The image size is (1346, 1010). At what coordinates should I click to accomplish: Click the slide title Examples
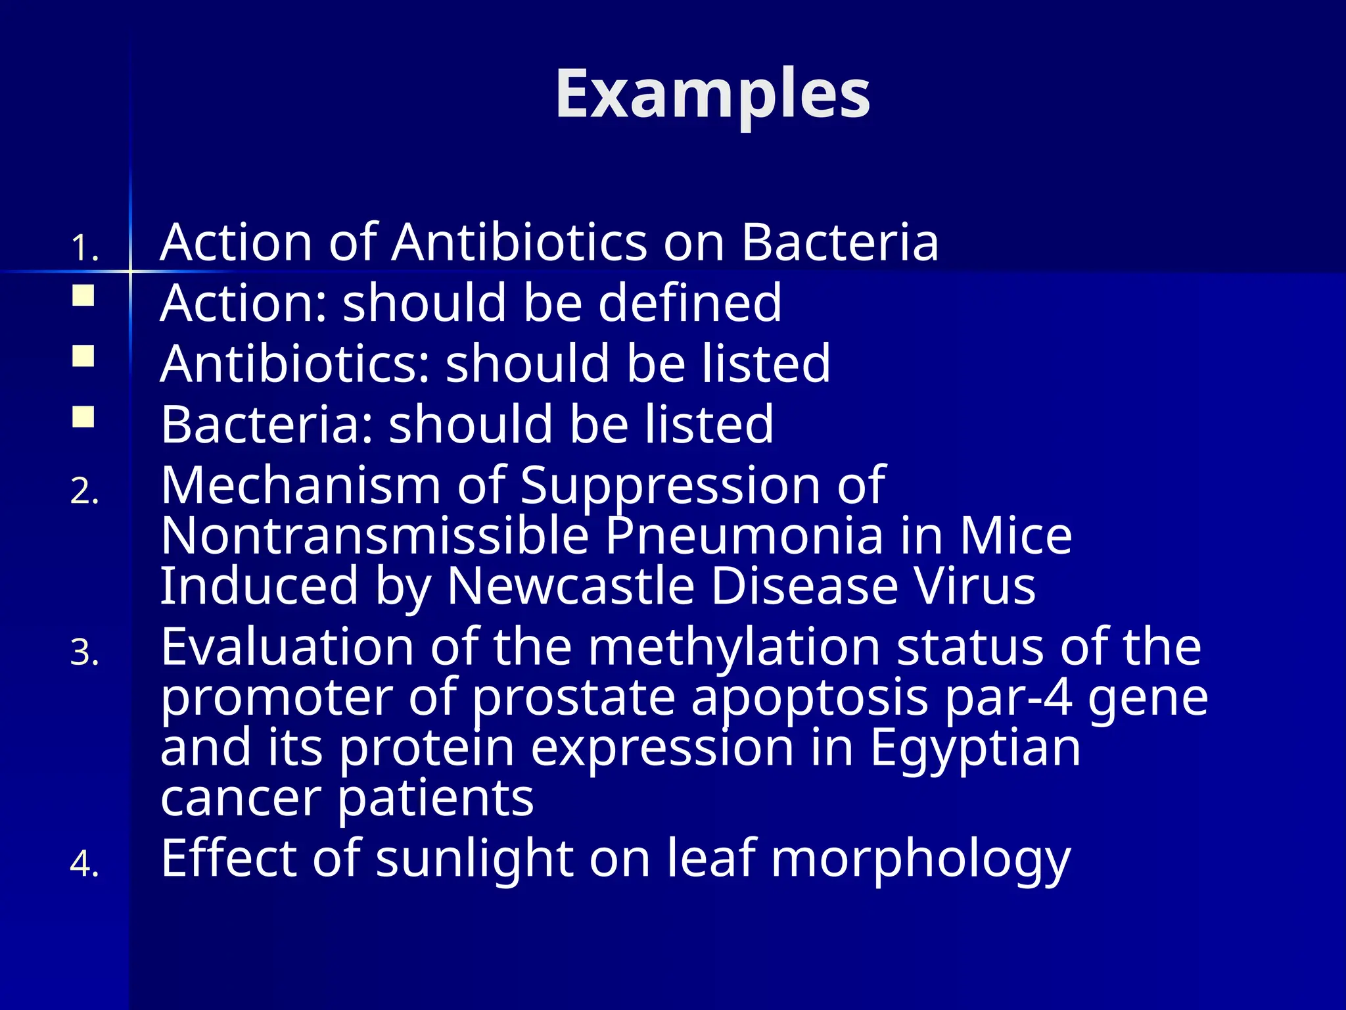point(712,95)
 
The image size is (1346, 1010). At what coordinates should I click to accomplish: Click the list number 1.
point(84,249)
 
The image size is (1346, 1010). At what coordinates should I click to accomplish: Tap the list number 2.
point(84,492)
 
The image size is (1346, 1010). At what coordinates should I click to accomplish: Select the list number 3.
point(84,654)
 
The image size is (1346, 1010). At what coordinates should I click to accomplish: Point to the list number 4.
point(84,864)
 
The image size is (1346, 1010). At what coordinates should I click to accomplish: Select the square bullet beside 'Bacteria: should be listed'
point(83,417)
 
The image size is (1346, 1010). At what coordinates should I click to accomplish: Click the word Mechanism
point(300,485)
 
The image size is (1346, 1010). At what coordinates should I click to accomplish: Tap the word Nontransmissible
point(374,535)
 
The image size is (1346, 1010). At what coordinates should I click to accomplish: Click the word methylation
point(733,647)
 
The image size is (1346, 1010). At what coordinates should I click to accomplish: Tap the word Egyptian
point(975,748)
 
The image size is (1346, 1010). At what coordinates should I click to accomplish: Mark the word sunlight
point(474,857)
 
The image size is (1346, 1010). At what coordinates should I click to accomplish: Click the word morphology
point(920,859)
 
